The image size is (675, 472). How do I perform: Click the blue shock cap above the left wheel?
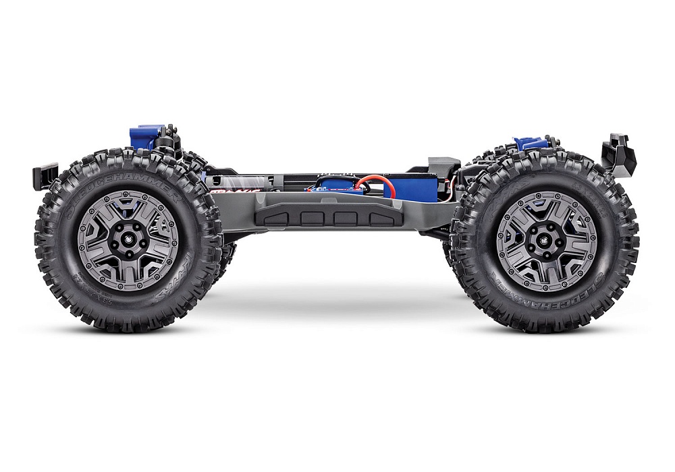pyautogui.click(x=147, y=134)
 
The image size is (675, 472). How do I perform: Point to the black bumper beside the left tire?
pyautogui.click(x=41, y=177)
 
